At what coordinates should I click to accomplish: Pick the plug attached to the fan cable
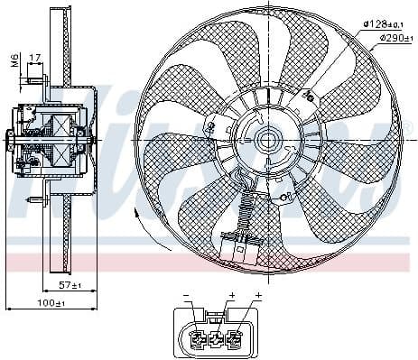(238, 247)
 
